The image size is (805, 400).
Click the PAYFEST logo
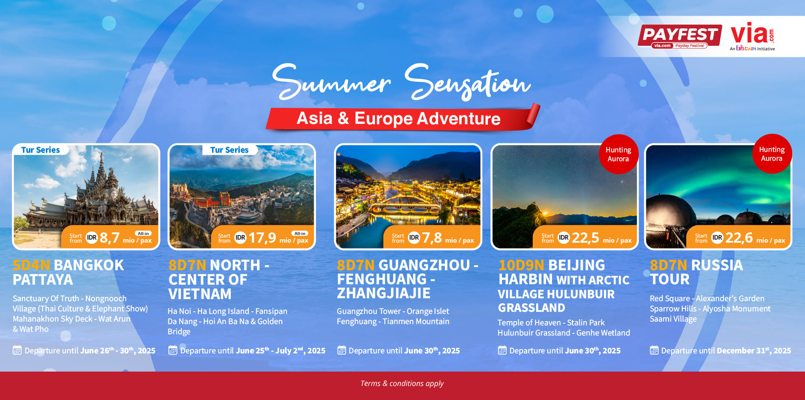[679, 36]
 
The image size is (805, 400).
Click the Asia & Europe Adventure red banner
[402, 119]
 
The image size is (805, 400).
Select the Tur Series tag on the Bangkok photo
[40, 150]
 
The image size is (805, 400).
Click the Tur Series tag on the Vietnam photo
[229, 150]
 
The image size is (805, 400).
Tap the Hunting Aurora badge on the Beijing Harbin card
[618, 154]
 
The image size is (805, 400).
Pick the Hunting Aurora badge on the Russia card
[772, 154]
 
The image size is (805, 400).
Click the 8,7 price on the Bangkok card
[109, 238]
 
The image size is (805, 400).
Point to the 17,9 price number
[262, 238]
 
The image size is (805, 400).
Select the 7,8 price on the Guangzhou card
[432, 238]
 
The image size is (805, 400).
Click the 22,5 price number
[585, 238]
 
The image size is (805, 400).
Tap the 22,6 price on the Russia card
[739, 238]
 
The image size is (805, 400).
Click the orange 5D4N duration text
[31, 265]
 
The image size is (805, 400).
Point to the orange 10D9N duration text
[521, 265]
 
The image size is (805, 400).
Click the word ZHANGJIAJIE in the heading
[383, 293]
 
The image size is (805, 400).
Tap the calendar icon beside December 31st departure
[654, 350]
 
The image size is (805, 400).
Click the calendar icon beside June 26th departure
[17, 350]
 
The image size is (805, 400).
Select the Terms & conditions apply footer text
[402, 383]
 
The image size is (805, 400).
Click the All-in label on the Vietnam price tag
[300, 233]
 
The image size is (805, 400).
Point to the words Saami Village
[673, 319]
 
